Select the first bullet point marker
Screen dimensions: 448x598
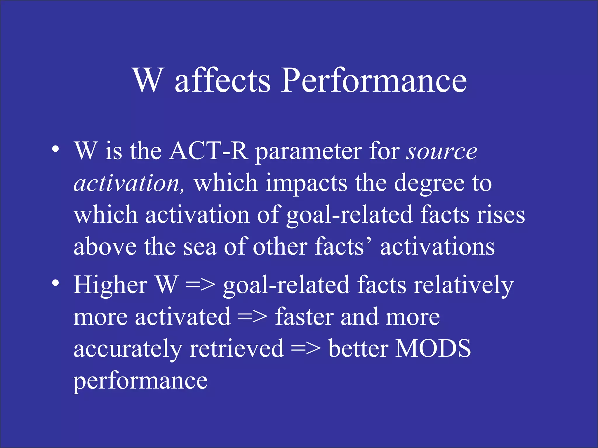pyautogui.click(x=55, y=150)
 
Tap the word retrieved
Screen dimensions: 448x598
pyautogui.click(x=237, y=349)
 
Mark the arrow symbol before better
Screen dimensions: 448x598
pyautogui.click(x=306, y=349)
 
